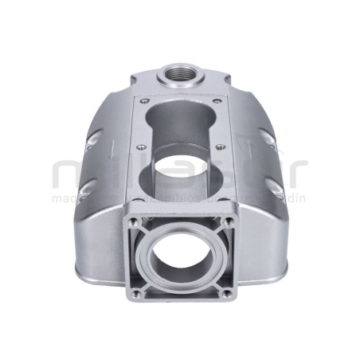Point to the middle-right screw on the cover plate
(x=220, y=147)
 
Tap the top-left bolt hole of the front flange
(x=133, y=221)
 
